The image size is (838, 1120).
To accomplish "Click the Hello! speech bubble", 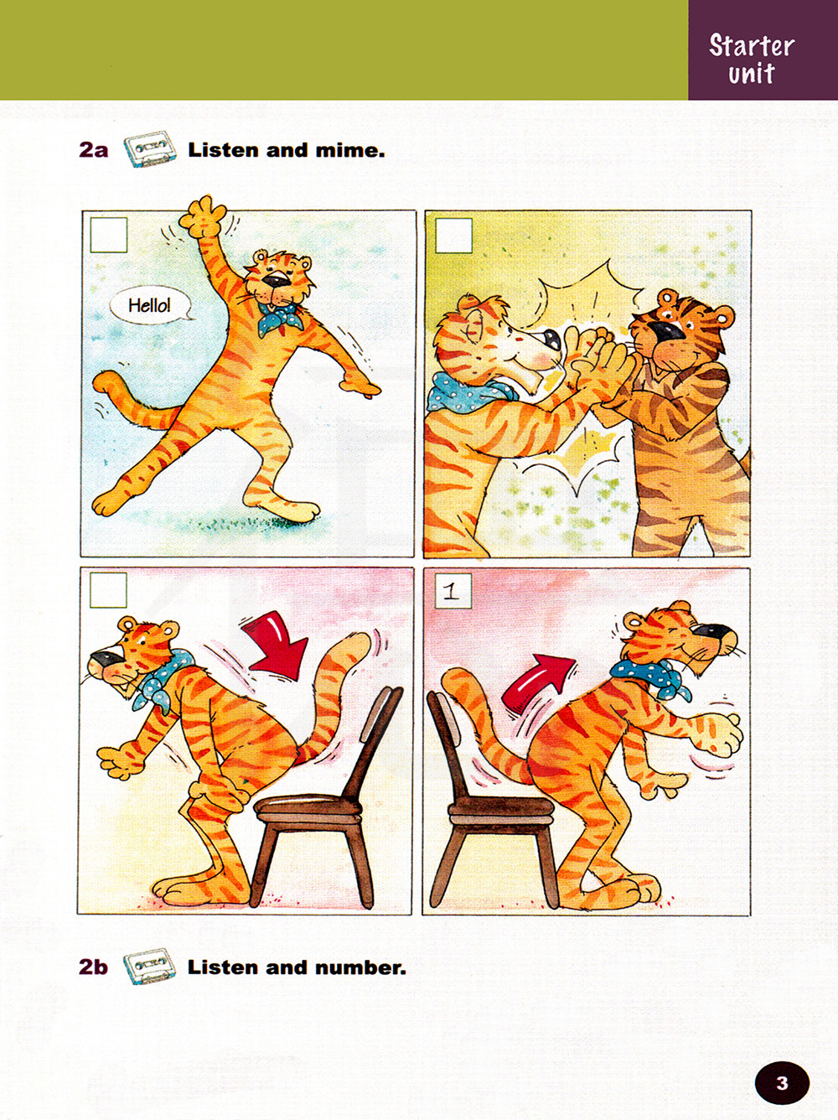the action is [x=151, y=306].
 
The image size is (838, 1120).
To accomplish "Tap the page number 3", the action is [x=782, y=1083].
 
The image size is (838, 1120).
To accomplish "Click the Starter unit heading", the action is [x=752, y=59].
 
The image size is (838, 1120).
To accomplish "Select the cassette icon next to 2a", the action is [x=151, y=149].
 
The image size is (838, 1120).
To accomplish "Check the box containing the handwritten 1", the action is [x=453, y=591].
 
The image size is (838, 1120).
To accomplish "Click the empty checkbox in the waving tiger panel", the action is [x=109, y=236].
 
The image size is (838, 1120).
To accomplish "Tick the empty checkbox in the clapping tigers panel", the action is [x=453, y=236].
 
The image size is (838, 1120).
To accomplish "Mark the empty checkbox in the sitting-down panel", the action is [x=108, y=590].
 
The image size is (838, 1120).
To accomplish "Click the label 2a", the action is [x=93, y=151].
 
